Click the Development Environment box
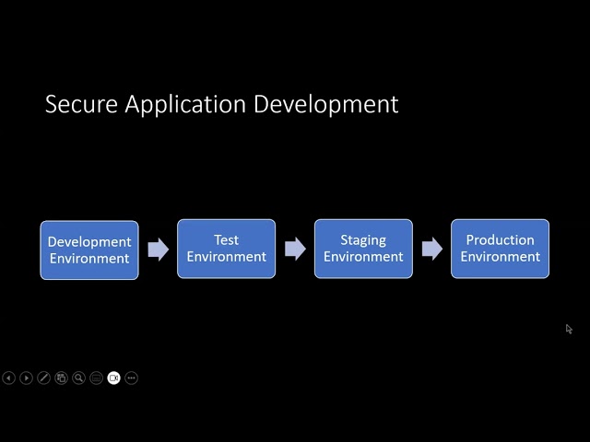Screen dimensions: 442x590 [89, 250]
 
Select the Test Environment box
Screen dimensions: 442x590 [226, 249]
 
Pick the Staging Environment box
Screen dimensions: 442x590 [363, 249]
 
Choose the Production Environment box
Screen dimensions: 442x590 [500, 249]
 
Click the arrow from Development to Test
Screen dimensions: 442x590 [159, 249]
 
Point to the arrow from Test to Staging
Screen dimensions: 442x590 [295, 249]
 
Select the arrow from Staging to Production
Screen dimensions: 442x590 [431, 249]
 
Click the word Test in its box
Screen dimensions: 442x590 [226, 240]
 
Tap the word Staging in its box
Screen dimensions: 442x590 [363, 240]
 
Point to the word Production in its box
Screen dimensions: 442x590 [500, 240]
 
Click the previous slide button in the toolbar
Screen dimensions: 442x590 [9, 378]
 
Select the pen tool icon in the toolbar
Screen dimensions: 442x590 [43, 378]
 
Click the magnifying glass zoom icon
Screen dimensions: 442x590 [78, 378]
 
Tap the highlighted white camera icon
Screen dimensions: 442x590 [114, 378]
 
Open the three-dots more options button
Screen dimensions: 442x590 [132, 378]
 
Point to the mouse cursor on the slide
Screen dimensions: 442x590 [569, 329]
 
